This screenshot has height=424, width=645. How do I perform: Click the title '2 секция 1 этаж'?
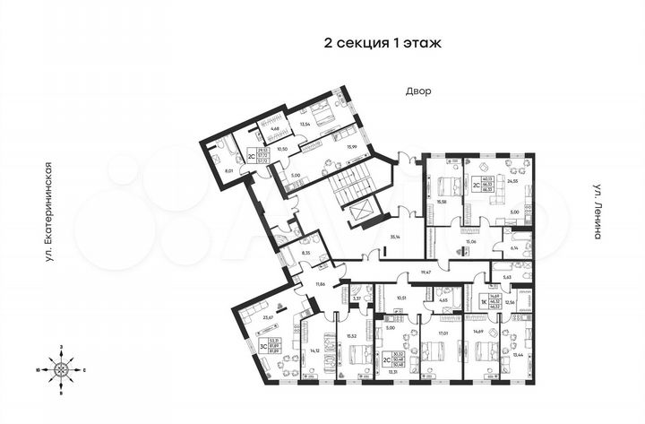383,42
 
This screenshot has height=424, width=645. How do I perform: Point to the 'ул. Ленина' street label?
596,212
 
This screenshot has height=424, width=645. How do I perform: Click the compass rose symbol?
62,368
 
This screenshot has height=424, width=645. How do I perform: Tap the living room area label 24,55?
512,181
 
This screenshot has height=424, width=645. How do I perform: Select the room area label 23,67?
265,316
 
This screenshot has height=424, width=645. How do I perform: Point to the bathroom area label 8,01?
228,169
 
